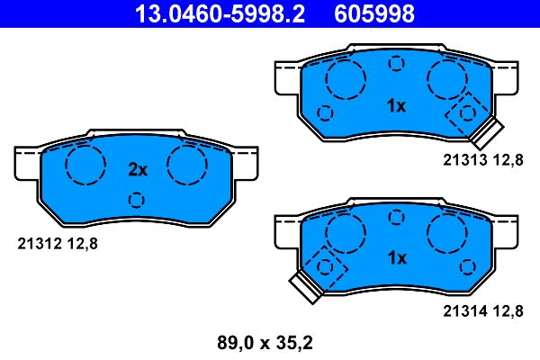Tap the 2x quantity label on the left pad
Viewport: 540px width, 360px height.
pyautogui.click(x=137, y=168)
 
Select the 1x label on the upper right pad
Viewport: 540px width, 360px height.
pyautogui.click(x=396, y=106)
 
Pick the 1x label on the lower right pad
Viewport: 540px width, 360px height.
pyautogui.click(x=396, y=257)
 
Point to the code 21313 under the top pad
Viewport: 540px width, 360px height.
pyautogui.click(x=463, y=159)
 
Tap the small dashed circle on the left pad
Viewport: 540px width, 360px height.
pyautogui.click(x=137, y=200)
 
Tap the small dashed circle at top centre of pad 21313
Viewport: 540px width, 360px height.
pyautogui.click(x=396, y=63)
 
